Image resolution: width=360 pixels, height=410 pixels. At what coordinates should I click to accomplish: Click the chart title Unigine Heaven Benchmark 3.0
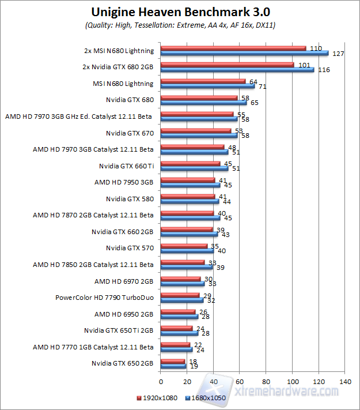pyautogui.click(x=180, y=12)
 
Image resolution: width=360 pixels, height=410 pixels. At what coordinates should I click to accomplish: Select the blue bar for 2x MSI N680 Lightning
pyautogui.click(x=244, y=53)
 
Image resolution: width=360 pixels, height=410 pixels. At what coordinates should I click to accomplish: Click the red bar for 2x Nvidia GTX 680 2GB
pyautogui.click(x=227, y=65)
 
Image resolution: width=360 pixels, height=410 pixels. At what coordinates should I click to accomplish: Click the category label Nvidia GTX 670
pyautogui.click(x=130, y=133)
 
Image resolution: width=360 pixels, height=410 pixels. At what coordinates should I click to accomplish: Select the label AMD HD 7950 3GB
pyautogui.click(x=124, y=182)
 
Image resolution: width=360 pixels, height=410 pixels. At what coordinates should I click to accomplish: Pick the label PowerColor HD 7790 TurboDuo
pyautogui.click(x=104, y=298)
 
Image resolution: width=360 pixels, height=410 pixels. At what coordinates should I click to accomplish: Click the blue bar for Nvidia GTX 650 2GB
pyautogui.click(x=173, y=366)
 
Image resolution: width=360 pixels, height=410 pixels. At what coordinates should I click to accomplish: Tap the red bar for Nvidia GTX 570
pyautogui.click(x=184, y=246)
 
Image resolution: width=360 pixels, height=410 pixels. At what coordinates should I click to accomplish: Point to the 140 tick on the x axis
pyautogui.click(x=345, y=382)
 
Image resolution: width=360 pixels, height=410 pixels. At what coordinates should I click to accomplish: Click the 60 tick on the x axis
pyautogui.click(x=240, y=382)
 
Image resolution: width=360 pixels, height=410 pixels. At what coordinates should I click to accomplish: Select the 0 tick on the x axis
pyautogui.click(x=161, y=382)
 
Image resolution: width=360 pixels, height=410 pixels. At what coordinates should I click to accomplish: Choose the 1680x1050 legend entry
pyautogui.click(x=206, y=398)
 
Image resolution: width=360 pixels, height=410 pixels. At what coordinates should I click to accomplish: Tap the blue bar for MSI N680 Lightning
pyautogui.click(x=207, y=86)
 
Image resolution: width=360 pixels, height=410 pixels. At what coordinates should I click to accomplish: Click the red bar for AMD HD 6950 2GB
pyautogui.click(x=178, y=312)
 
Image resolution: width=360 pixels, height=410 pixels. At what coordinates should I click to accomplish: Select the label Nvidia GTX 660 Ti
pyautogui.click(x=126, y=166)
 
